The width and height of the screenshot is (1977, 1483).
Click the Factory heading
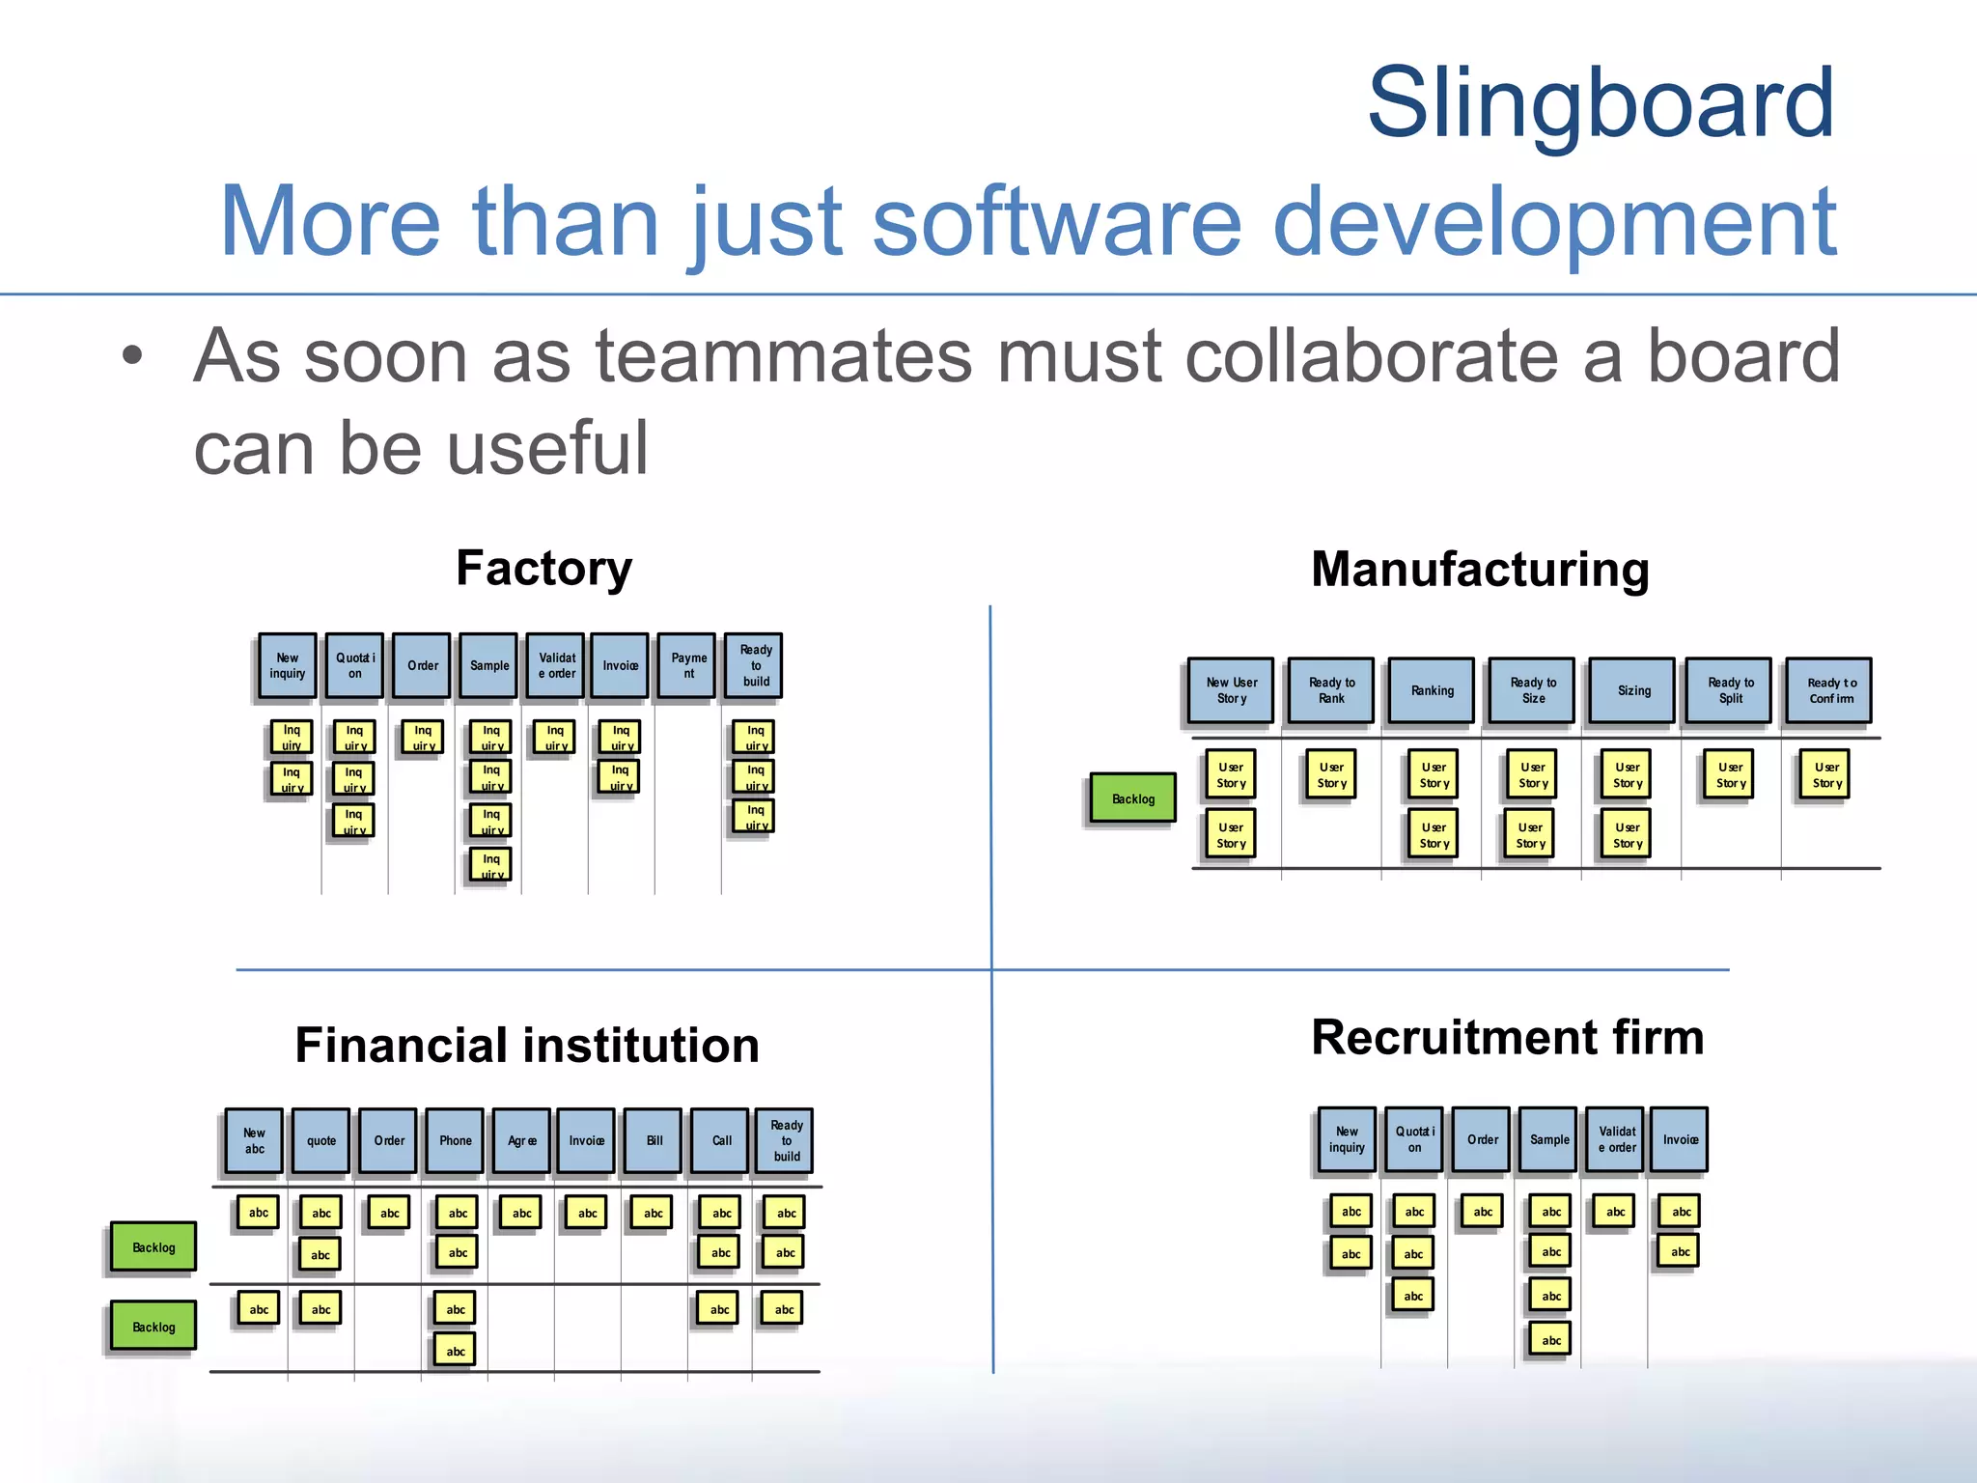click(543, 568)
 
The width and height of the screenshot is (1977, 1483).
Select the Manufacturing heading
click(1480, 569)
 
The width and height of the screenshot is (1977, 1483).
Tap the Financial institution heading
click(527, 1045)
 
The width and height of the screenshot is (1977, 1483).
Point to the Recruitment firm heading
click(1507, 1037)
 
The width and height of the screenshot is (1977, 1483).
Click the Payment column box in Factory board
click(687, 665)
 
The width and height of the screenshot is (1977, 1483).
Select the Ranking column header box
click(1432, 690)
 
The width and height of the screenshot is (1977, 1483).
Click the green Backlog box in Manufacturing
click(1132, 798)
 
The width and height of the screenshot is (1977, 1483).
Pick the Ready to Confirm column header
click(1829, 690)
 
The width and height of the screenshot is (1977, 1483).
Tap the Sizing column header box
click(1633, 690)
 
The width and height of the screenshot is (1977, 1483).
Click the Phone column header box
click(455, 1140)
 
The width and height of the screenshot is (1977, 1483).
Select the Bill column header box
click(654, 1140)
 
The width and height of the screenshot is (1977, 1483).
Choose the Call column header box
click(721, 1140)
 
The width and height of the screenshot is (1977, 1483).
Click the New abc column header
click(254, 1140)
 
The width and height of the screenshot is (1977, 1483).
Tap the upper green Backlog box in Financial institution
click(153, 1246)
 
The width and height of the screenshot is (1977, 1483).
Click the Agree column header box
click(521, 1140)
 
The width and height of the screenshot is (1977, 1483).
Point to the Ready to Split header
click(1730, 690)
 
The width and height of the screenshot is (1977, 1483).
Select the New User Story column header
click(1231, 690)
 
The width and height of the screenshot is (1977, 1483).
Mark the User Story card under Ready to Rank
click(1331, 774)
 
